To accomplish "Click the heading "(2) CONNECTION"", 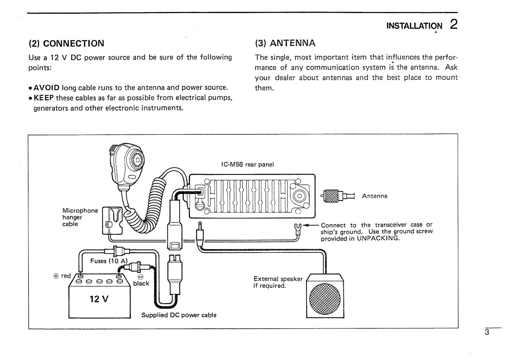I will [66, 43].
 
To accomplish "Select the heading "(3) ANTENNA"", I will [285, 43].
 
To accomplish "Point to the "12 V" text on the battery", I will [99, 299].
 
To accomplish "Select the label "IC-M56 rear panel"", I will [247, 164].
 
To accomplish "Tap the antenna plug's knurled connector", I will [332, 196].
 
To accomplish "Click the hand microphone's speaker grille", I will [135, 160].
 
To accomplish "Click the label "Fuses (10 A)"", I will [108, 261].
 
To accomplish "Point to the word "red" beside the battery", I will [66, 276].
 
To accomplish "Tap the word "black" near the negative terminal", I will [141, 283].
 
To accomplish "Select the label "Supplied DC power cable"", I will [179, 315].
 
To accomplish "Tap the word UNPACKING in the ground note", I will [378, 239].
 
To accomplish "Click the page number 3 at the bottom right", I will [487, 332].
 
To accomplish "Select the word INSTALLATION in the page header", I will [414, 26].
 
